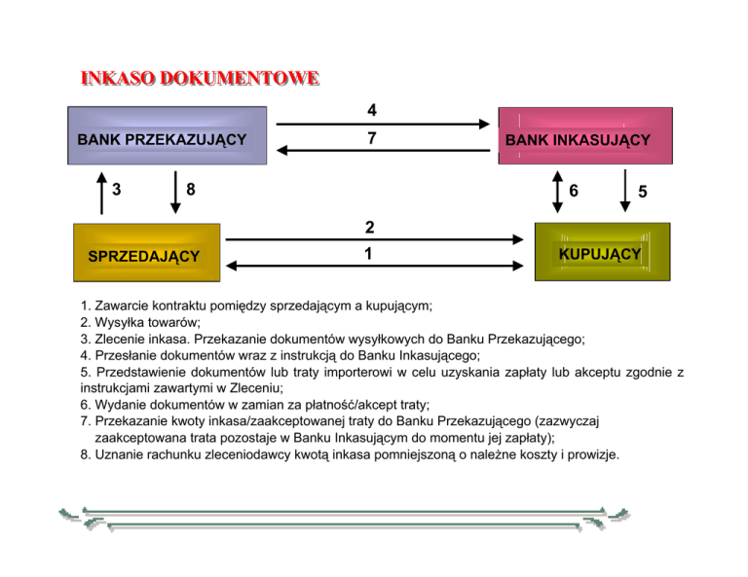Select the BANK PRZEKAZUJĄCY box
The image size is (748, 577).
[x=162, y=138]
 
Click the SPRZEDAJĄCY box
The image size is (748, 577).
[x=144, y=255]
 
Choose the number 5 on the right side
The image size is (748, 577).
[x=643, y=193]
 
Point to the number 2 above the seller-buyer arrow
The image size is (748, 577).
[x=369, y=228]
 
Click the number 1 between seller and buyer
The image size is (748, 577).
[x=369, y=253]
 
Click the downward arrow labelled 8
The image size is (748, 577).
[x=175, y=192]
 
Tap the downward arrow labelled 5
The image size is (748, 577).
[x=624, y=192]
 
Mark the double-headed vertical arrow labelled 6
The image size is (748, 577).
[x=556, y=192]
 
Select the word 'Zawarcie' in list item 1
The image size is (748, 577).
[x=127, y=306]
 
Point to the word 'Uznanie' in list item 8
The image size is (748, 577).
[x=123, y=453]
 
